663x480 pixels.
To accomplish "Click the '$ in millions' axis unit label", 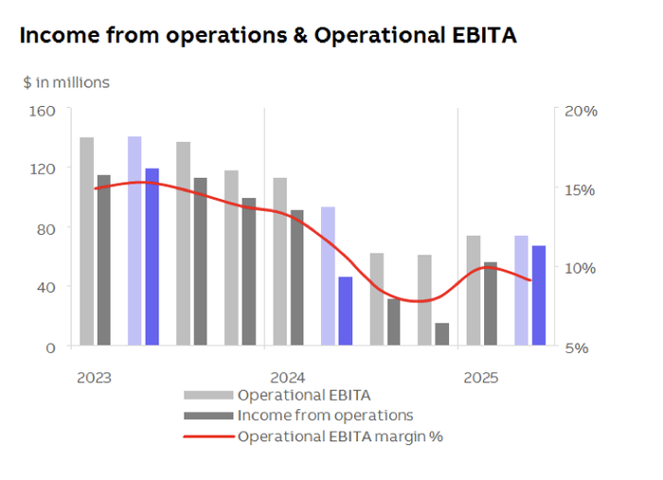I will pyautogui.click(x=66, y=82).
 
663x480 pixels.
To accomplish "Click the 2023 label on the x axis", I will pyautogui.click(x=94, y=377).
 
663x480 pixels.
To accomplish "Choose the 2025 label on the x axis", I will pyautogui.click(x=480, y=377).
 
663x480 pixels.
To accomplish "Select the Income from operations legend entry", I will pyautogui.click(x=325, y=415).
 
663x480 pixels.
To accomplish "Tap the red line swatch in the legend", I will pyautogui.click(x=207, y=436).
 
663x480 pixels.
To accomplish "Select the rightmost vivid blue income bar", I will pyautogui.click(x=538, y=295).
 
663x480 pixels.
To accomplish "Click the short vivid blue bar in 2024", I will pyautogui.click(x=346, y=311).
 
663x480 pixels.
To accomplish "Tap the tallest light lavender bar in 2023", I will pyautogui.click(x=134, y=240).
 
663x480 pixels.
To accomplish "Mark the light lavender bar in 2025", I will pyautogui.click(x=521, y=291).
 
